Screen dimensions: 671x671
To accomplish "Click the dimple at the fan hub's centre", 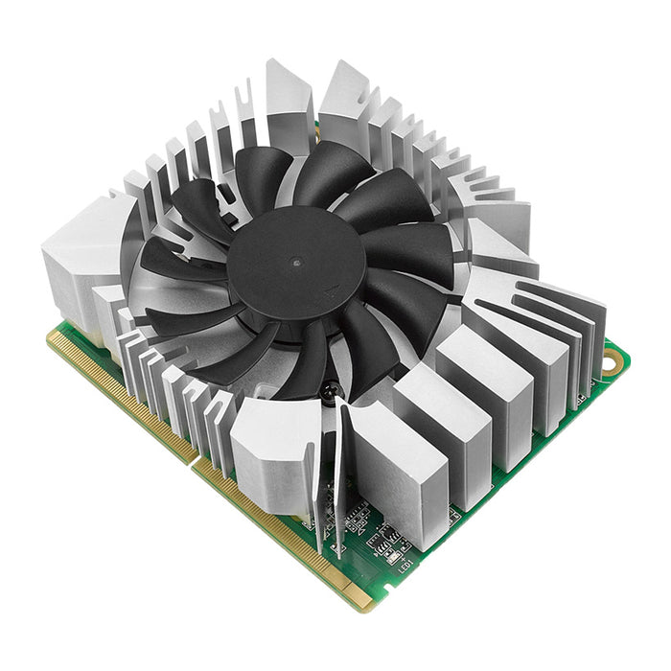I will [x=296, y=261].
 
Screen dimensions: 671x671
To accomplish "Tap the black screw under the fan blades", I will [x=330, y=390].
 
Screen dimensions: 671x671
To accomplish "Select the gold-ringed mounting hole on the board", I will [x=611, y=361].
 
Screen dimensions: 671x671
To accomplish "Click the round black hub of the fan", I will [x=296, y=261].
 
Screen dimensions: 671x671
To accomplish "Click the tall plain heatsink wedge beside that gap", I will [x=289, y=101].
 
